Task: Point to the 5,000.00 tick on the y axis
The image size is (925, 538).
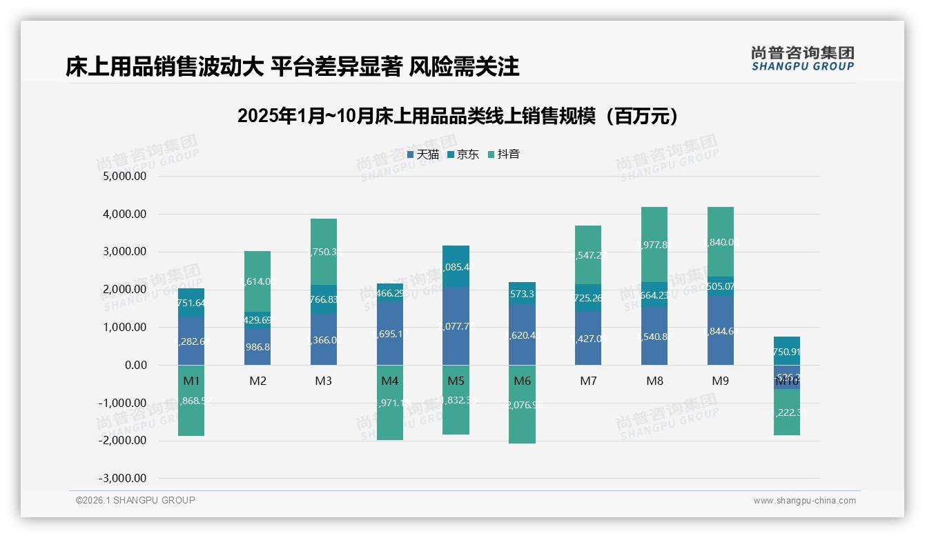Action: click(x=125, y=177)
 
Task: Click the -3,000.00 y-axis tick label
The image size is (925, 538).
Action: click(x=123, y=479)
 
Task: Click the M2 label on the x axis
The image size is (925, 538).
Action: click(x=257, y=381)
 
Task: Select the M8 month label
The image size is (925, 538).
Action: click(x=654, y=381)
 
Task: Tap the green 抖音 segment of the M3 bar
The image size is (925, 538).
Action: click(x=324, y=252)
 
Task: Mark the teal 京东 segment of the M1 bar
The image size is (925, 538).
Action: click(x=191, y=302)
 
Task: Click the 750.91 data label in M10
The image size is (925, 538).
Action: click(x=786, y=351)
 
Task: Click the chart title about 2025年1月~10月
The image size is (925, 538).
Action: click(x=457, y=116)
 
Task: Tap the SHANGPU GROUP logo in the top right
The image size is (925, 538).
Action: click(x=802, y=59)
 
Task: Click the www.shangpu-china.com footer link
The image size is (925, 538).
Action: click(x=804, y=501)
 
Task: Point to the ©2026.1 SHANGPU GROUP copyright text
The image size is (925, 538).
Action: click(x=135, y=500)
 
